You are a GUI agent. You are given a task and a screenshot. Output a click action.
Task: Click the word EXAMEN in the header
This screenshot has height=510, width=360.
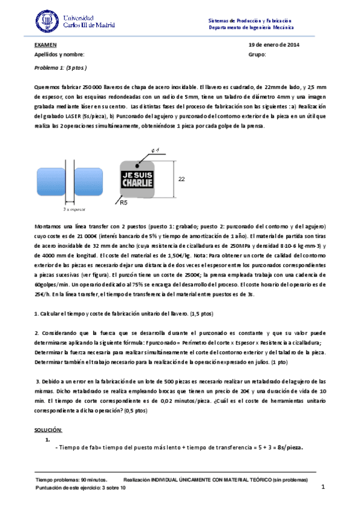pyautogui.click(x=46, y=45)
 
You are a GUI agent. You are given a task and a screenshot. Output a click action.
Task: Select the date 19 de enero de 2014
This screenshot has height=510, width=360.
pyautogui.click(x=273, y=45)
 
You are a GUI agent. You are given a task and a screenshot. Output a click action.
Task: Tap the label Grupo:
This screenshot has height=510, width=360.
pyautogui.click(x=256, y=55)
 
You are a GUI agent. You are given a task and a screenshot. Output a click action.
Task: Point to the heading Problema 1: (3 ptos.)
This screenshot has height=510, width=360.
pyautogui.click(x=61, y=69)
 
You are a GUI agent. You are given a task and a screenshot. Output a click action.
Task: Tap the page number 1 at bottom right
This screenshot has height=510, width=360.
pyautogui.click(x=323, y=487)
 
